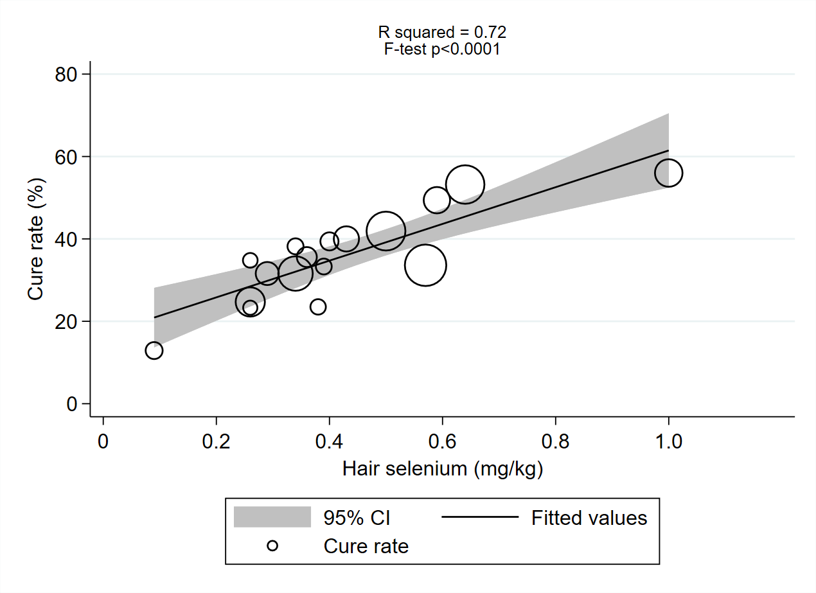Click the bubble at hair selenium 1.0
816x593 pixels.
click(668, 173)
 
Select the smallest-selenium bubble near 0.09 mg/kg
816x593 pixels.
click(154, 350)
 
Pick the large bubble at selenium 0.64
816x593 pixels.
click(465, 184)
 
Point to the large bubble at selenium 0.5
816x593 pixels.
click(386, 231)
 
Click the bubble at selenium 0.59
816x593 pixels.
click(437, 200)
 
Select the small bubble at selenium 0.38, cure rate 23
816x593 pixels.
click(318, 306)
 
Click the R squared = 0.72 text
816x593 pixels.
click(442, 32)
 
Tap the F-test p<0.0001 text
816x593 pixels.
click(442, 49)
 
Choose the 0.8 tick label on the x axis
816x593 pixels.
click(555, 443)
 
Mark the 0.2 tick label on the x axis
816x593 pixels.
click(216, 443)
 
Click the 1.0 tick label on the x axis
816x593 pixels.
click(668, 443)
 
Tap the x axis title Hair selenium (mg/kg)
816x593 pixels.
click(443, 468)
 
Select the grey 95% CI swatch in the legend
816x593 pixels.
click(272, 517)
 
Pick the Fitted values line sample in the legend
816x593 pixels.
click(480, 517)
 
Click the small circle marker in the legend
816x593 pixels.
click(272, 546)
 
